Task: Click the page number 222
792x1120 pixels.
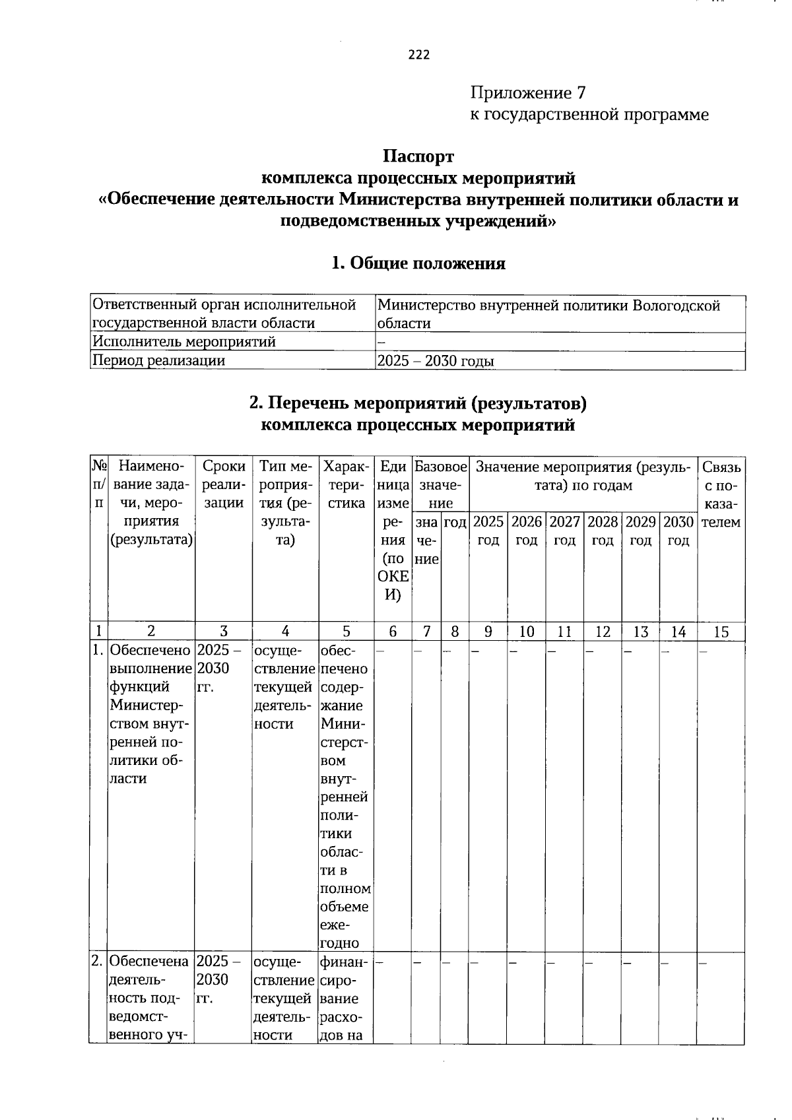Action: point(419,55)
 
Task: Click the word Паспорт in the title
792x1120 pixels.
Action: point(418,156)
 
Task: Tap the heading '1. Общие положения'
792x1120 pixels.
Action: point(418,263)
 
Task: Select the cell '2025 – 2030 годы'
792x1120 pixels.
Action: point(435,361)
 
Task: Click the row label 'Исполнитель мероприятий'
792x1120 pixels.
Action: point(184,342)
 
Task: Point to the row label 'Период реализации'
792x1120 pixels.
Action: point(158,361)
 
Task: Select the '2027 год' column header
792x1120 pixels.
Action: point(564,531)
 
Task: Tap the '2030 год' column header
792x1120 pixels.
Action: point(678,531)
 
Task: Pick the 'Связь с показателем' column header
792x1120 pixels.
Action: point(721,494)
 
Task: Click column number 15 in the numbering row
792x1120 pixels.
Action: point(721,632)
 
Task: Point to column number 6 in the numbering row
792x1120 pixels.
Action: point(393,632)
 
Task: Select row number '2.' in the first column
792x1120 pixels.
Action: point(97,961)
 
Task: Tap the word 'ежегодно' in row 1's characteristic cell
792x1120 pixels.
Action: point(344,934)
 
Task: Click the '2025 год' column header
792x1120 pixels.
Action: point(488,531)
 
